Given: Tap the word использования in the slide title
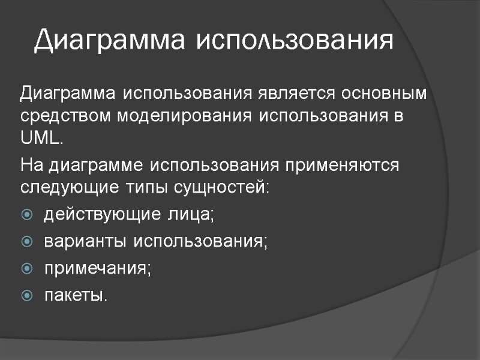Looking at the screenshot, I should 295,40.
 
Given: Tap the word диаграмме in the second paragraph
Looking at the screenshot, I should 97,165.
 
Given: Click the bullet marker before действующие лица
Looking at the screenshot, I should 27,214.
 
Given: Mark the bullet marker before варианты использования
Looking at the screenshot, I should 27,241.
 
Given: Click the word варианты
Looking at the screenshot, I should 85,241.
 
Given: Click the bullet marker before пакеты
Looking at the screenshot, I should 27,295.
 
